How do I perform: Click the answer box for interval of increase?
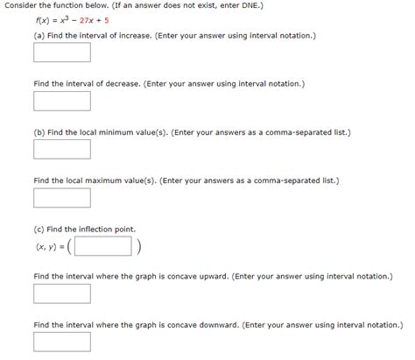pyautogui.click(x=62, y=53)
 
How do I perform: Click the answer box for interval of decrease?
pyautogui.click(x=62, y=102)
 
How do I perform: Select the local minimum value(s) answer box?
pyautogui.click(x=62, y=150)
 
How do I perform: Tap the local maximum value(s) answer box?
pyautogui.click(x=62, y=198)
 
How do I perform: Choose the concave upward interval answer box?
pyautogui.click(x=62, y=293)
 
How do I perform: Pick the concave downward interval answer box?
pyautogui.click(x=62, y=342)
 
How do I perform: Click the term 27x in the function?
pyautogui.click(x=91, y=22)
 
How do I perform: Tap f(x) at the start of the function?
pyautogui.click(x=42, y=22)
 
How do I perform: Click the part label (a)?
pyautogui.click(x=39, y=36)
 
